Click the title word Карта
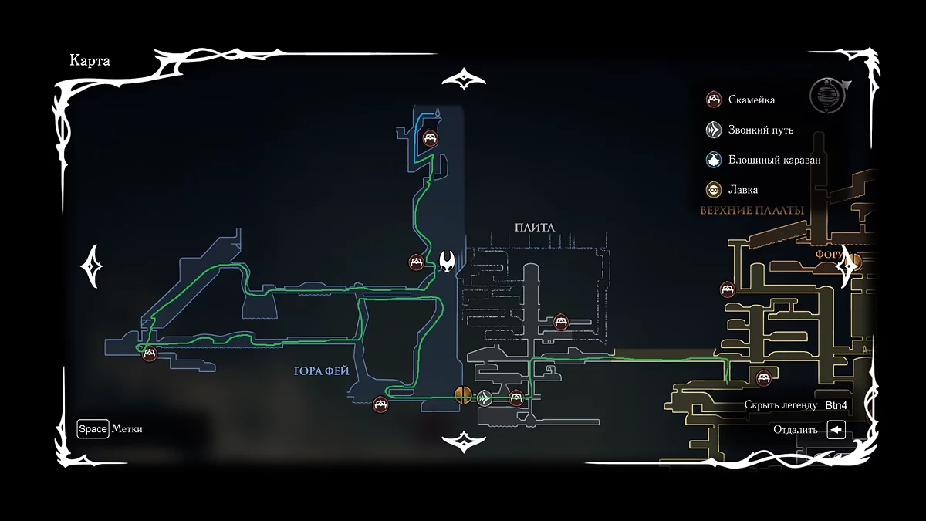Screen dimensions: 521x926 click(x=90, y=61)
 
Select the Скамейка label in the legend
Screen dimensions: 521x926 click(x=752, y=100)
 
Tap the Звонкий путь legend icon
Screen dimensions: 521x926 click(x=714, y=130)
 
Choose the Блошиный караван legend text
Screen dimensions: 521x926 click(x=774, y=160)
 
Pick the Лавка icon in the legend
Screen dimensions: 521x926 click(x=714, y=189)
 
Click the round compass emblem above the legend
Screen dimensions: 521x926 click(x=826, y=95)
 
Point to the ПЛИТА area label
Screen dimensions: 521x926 click(x=535, y=227)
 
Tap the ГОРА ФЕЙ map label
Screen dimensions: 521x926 click(x=322, y=371)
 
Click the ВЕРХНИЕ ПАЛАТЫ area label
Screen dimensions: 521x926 click(x=752, y=210)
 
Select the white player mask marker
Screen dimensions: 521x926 click(x=447, y=261)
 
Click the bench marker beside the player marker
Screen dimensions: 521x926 click(x=416, y=262)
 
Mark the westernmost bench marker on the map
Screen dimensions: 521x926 click(x=150, y=354)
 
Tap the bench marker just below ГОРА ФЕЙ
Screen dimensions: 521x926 click(x=380, y=404)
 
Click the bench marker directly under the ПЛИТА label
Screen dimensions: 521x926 click(x=561, y=322)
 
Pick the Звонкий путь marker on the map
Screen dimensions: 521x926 click(x=485, y=398)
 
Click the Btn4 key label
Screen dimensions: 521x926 click(x=836, y=404)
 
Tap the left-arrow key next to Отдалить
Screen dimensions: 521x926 click(x=836, y=430)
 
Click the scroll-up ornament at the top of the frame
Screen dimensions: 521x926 click(x=463, y=80)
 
